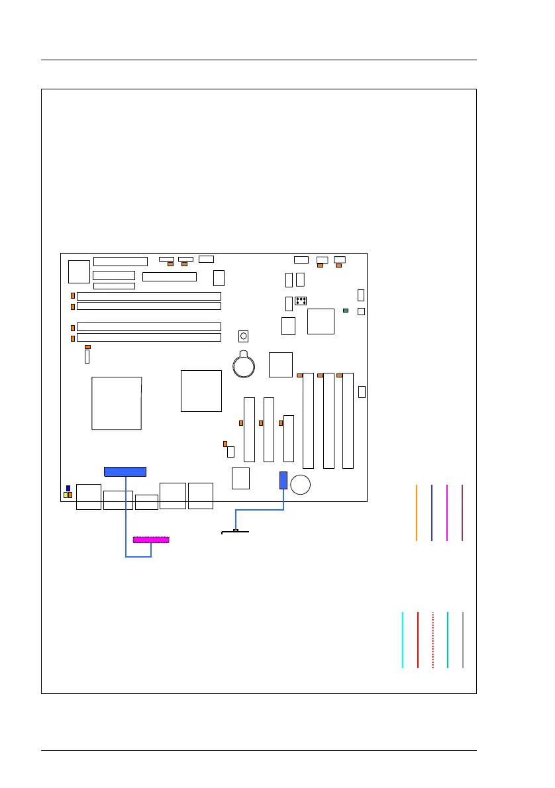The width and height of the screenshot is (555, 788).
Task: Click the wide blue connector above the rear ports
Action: click(x=125, y=471)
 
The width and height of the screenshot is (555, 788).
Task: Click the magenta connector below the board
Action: click(x=151, y=540)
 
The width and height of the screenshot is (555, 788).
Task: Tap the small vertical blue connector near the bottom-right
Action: click(x=283, y=480)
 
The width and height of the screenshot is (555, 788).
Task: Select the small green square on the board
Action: click(x=346, y=310)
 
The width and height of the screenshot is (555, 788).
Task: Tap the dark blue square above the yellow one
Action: click(x=68, y=488)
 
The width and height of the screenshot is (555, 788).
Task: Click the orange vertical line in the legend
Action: click(x=417, y=513)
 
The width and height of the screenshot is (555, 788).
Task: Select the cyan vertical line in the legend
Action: click(x=403, y=640)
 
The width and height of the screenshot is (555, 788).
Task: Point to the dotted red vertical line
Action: click(x=432, y=640)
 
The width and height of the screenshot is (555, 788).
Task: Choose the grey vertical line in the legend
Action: click(x=463, y=640)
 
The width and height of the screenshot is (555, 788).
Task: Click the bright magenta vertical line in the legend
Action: click(x=448, y=513)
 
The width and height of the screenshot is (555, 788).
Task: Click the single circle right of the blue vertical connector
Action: click(x=302, y=485)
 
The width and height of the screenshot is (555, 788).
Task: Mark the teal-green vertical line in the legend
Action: click(x=448, y=640)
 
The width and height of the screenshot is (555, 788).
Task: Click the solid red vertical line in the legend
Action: click(x=418, y=640)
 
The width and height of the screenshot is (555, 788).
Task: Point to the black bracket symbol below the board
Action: click(x=235, y=531)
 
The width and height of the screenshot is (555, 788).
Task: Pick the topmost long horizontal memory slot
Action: click(x=149, y=296)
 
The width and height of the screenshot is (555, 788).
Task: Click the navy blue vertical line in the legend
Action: click(x=431, y=513)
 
